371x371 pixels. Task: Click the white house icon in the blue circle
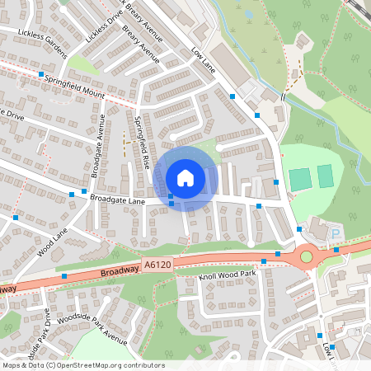(x=185, y=177)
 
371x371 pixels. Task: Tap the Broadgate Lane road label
(x=117, y=200)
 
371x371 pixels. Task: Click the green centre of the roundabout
(x=307, y=256)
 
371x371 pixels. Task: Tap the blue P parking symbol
(x=336, y=234)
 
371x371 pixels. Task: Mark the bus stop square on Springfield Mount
(x=40, y=74)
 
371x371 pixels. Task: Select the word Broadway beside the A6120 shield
(x=119, y=271)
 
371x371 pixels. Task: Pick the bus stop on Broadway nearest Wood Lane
(x=64, y=275)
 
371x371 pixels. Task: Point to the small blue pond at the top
(x=249, y=14)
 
